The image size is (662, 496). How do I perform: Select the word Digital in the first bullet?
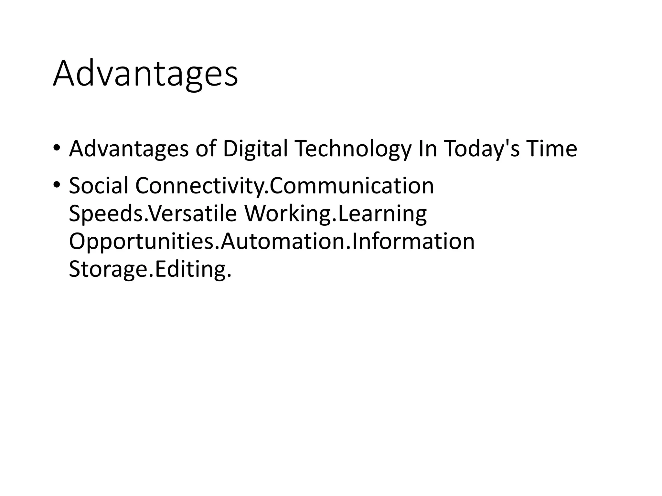pyautogui.click(x=255, y=149)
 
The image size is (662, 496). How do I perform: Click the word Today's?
pyautogui.click(x=482, y=149)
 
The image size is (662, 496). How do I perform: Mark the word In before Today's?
pyautogui.click(x=427, y=149)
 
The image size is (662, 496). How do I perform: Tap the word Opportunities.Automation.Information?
pyautogui.click(x=272, y=241)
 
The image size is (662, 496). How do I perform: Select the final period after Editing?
pyautogui.click(x=229, y=276)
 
